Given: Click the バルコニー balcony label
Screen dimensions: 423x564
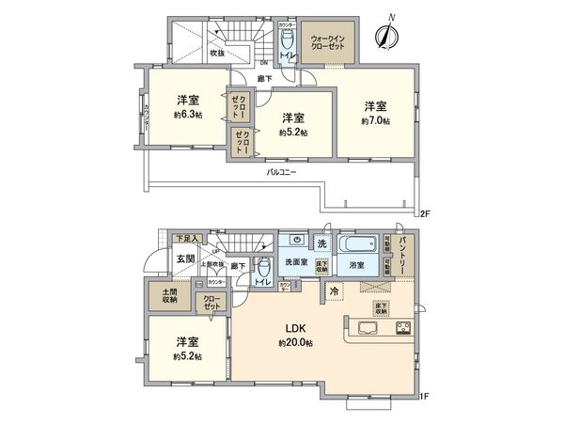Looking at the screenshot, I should point(281,173).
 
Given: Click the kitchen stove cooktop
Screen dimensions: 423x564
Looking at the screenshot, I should point(404,329).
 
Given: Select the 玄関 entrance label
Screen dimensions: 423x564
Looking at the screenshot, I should point(158,258).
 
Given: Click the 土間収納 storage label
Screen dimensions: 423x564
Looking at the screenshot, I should point(169,295).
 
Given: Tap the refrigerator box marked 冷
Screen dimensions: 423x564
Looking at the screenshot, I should point(334,291).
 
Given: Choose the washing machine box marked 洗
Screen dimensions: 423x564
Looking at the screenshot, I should point(322,244).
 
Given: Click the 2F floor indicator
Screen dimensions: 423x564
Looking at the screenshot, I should point(425,215).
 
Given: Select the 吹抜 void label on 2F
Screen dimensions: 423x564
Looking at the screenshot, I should point(217,53).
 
